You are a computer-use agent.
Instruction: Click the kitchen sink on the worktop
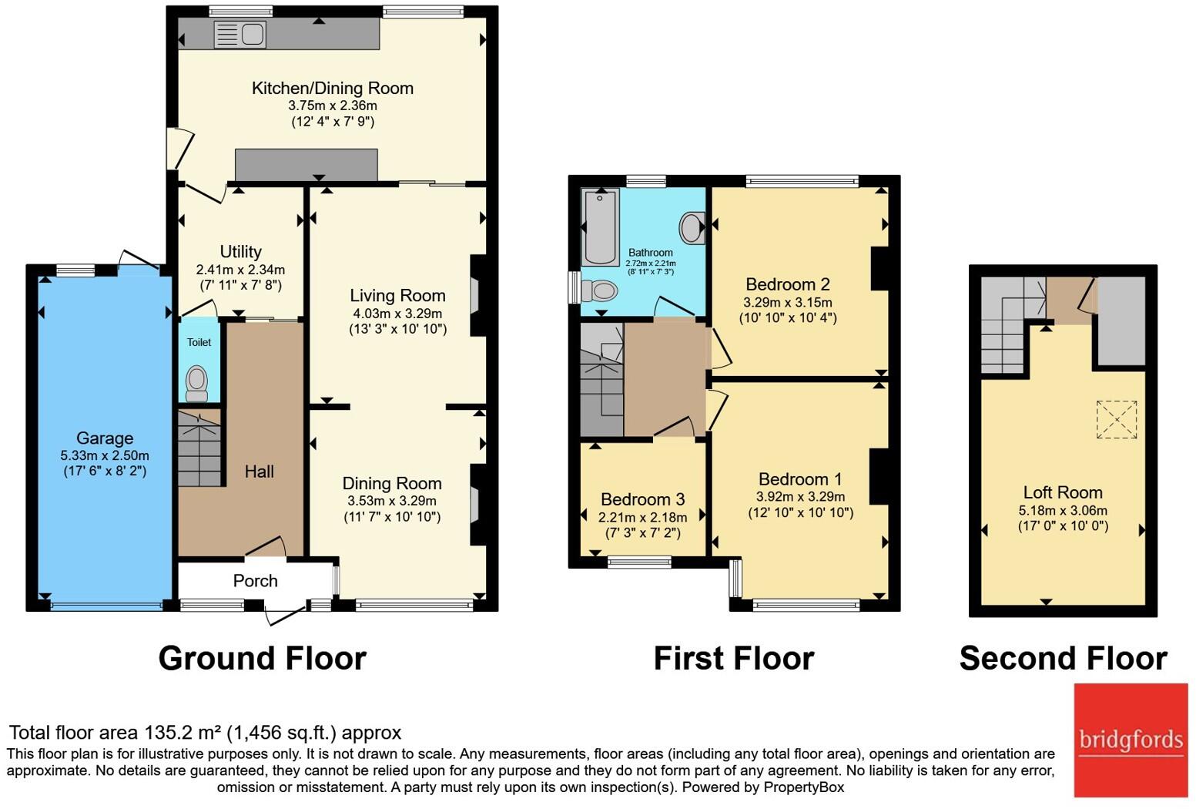coord(240,35)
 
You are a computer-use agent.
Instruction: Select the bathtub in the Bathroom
coord(601,227)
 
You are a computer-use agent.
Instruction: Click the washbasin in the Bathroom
coord(692,228)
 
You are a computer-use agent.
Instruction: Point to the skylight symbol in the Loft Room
coord(1117,419)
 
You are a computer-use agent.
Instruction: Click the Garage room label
coord(105,438)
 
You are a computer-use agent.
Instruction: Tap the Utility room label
coord(241,252)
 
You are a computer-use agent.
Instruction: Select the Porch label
coord(255,581)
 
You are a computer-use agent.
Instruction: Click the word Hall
coord(260,472)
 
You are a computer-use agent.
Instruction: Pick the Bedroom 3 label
coord(643,499)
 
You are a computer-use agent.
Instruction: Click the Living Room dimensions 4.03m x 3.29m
coord(398,313)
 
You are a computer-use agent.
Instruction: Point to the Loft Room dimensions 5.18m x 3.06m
coord(1063,510)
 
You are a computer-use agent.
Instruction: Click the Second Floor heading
coord(1063,658)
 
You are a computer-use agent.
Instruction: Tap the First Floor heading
coord(734,658)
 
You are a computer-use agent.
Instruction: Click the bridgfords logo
coord(1131,740)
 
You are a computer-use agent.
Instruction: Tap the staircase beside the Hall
coord(199,448)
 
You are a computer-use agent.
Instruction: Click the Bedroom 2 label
coord(788,284)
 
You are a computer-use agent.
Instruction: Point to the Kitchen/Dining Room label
coord(333,88)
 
